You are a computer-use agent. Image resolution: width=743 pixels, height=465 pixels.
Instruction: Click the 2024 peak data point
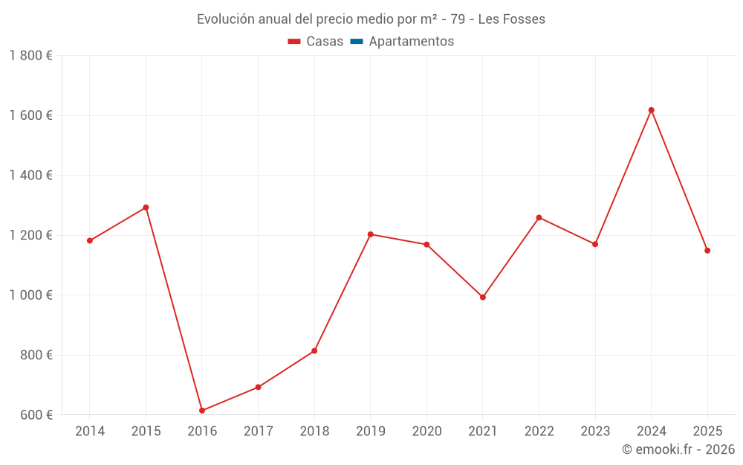point(651,110)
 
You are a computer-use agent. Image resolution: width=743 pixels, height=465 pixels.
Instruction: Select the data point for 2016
point(202,410)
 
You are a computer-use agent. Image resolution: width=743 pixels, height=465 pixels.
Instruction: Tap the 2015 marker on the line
point(146,208)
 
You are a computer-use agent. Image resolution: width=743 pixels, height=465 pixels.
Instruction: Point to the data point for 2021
point(483,297)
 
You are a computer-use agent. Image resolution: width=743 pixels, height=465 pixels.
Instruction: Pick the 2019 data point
point(371,234)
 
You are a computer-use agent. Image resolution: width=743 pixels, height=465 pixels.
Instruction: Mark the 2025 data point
point(707,251)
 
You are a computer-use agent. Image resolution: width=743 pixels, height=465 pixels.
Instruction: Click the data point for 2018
point(314,350)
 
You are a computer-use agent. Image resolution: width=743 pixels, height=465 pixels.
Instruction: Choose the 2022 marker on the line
point(539,217)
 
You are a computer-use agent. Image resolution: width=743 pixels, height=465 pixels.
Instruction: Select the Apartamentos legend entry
point(411,42)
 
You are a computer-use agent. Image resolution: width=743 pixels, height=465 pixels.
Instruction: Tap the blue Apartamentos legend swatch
point(356,42)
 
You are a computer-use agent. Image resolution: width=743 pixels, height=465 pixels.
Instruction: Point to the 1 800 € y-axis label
point(31,56)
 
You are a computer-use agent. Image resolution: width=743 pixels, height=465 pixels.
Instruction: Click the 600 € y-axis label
point(36,414)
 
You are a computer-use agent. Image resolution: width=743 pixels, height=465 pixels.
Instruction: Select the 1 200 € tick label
point(31,235)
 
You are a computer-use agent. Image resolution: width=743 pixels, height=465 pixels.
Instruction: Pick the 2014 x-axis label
point(90,431)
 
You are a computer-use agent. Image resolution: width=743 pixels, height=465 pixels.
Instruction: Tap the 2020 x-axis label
point(426,431)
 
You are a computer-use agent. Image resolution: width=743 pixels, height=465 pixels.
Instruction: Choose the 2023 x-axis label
point(595,431)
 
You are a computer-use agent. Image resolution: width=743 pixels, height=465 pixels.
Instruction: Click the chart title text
point(371,19)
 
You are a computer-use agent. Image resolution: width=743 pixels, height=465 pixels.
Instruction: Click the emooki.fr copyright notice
point(678,449)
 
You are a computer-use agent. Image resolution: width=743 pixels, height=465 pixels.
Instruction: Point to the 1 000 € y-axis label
point(31,295)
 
